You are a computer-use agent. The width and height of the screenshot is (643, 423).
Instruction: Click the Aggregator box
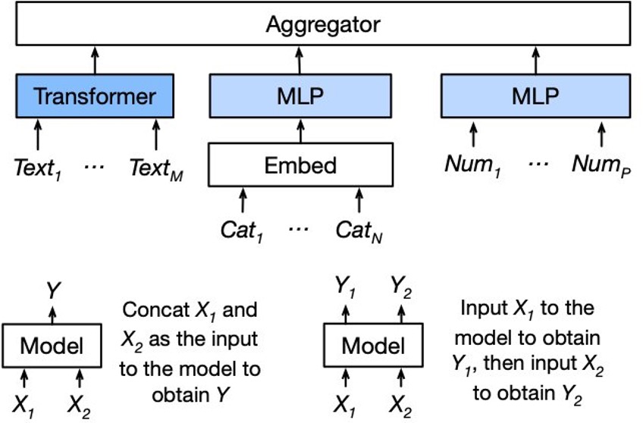pyautogui.click(x=323, y=23)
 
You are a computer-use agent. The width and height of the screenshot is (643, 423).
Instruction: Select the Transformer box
pyautogui.click(x=95, y=96)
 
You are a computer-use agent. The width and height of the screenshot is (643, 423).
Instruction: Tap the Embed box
pyautogui.click(x=300, y=164)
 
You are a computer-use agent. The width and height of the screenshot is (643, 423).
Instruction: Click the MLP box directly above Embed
pyautogui.click(x=300, y=96)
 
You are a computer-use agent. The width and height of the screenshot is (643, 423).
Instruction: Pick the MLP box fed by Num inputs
pyautogui.click(x=535, y=96)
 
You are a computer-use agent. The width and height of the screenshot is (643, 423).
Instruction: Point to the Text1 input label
pyautogui.click(x=38, y=168)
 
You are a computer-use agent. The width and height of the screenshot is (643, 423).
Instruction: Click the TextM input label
pyautogui.click(x=156, y=168)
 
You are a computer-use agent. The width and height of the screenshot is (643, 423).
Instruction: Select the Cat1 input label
pyautogui.click(x=242, y=230)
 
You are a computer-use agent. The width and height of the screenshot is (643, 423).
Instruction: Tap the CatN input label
pyautogui.click(x=359, y=230)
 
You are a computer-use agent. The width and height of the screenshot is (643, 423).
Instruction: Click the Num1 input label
pyautogui.click(x=473, y=164)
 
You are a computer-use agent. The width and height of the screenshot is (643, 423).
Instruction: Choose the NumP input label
pyautogui.click(x=601, y=164)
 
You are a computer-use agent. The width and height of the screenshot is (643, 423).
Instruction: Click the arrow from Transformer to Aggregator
pyautogui.click(x=95, y=60)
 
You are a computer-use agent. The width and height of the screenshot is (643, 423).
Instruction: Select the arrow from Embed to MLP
pyautogui.click(x=300, y=130)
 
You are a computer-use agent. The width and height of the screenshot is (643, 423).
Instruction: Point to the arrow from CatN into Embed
pyautogui.click(x=359, y=200)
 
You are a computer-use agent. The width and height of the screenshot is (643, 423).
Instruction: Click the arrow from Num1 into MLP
pyautogui.click(x=473, y=134)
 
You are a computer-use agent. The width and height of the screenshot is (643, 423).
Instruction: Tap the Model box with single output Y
pyautogui.click(x=52, y=346)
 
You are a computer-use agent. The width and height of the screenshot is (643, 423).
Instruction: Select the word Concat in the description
pyautogui.click(x=155, y=310)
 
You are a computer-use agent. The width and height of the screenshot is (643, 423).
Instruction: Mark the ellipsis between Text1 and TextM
pyautogui.click(x=94, y=167)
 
